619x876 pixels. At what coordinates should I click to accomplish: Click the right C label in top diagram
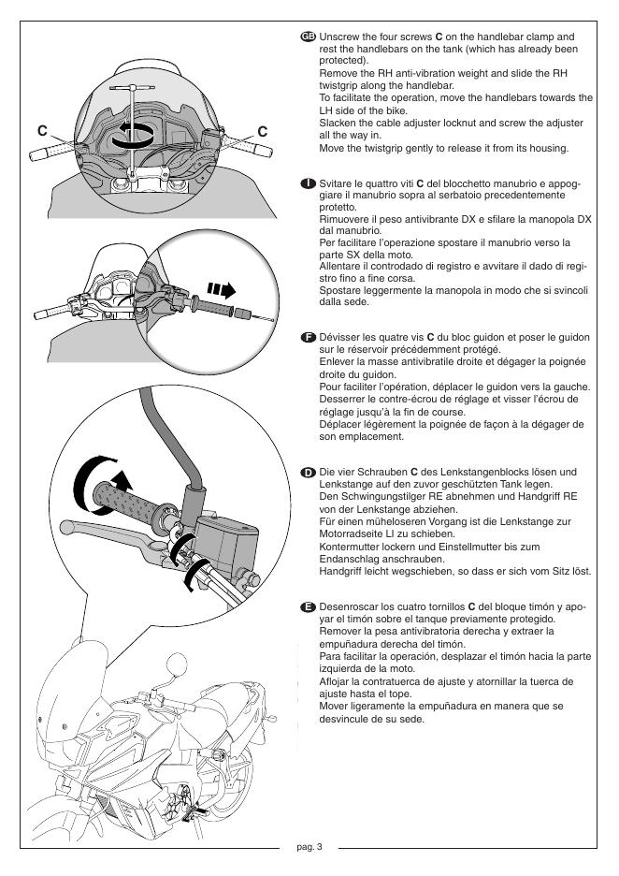coord(263,131)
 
